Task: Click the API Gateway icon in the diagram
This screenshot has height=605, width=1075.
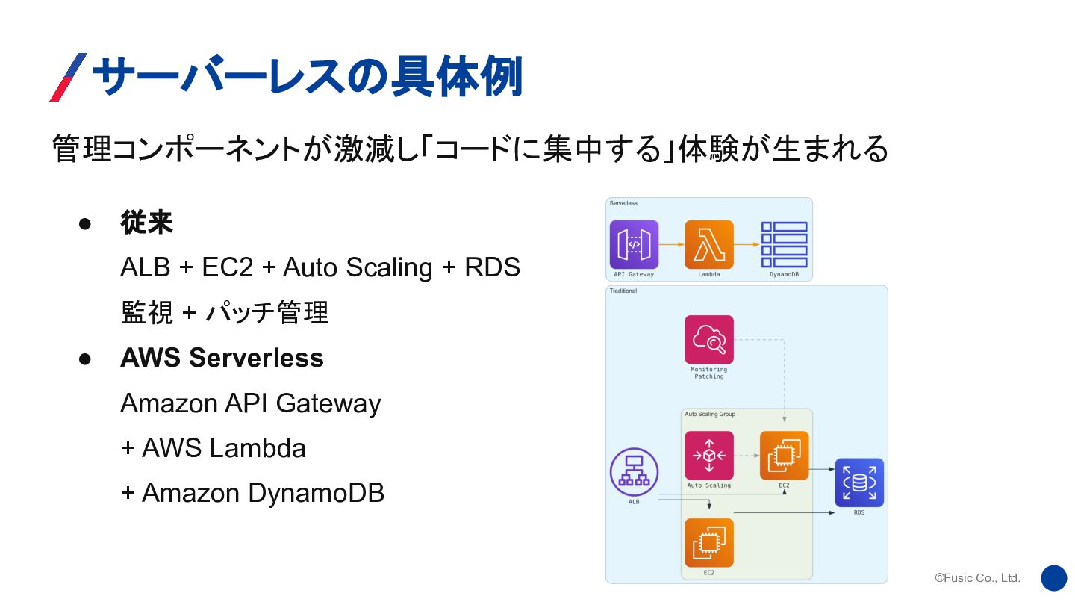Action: coord(634,244)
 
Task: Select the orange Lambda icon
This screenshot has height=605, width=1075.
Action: coord(708,244)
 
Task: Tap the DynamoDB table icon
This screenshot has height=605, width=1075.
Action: coord(784,244)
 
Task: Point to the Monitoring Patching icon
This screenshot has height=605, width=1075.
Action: coord(708,340)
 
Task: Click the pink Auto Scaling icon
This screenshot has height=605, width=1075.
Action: coord(708,456)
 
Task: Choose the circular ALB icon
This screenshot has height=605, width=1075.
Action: coord(634,471)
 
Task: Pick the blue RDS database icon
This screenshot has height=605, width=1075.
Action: coord(859,483)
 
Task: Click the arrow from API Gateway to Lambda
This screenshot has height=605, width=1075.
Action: coord(672,244)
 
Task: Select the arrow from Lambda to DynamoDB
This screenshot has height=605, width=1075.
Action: coord(747,244)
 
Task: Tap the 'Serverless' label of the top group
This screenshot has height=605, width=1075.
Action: coord(623,203)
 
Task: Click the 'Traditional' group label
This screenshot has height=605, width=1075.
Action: coord(623,291)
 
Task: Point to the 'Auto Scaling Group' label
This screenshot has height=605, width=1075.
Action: coord(710,414)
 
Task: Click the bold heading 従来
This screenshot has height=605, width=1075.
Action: coord(147,223)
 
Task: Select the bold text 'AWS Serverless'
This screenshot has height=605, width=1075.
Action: coord(222,358)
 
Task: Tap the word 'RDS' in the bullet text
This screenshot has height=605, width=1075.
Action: coord(492,267)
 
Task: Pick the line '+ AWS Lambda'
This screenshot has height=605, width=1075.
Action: coord(214,448)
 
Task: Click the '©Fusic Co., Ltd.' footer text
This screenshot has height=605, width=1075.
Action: coord(977,578)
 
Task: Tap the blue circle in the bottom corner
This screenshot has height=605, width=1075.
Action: coord(1053,578)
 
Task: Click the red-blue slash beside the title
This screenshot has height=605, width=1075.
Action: coord(68,77)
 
